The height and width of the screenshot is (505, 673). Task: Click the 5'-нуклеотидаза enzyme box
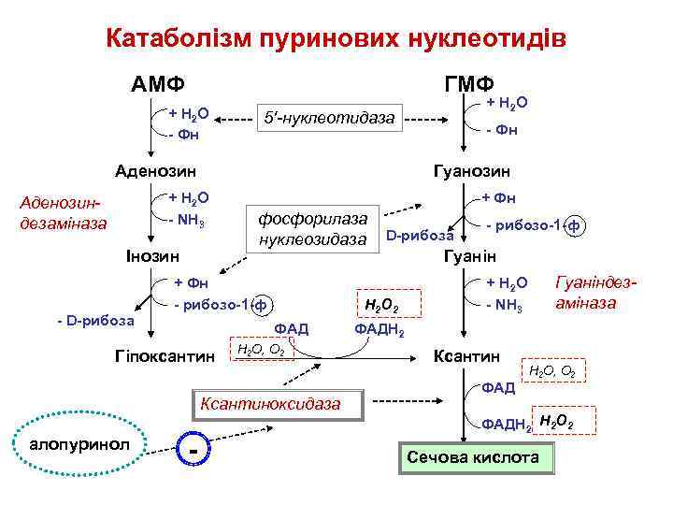[x=329, y=119]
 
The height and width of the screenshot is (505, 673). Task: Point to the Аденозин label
[x=155, y=172]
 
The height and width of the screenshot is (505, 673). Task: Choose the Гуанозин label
[x=472, y=172]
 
